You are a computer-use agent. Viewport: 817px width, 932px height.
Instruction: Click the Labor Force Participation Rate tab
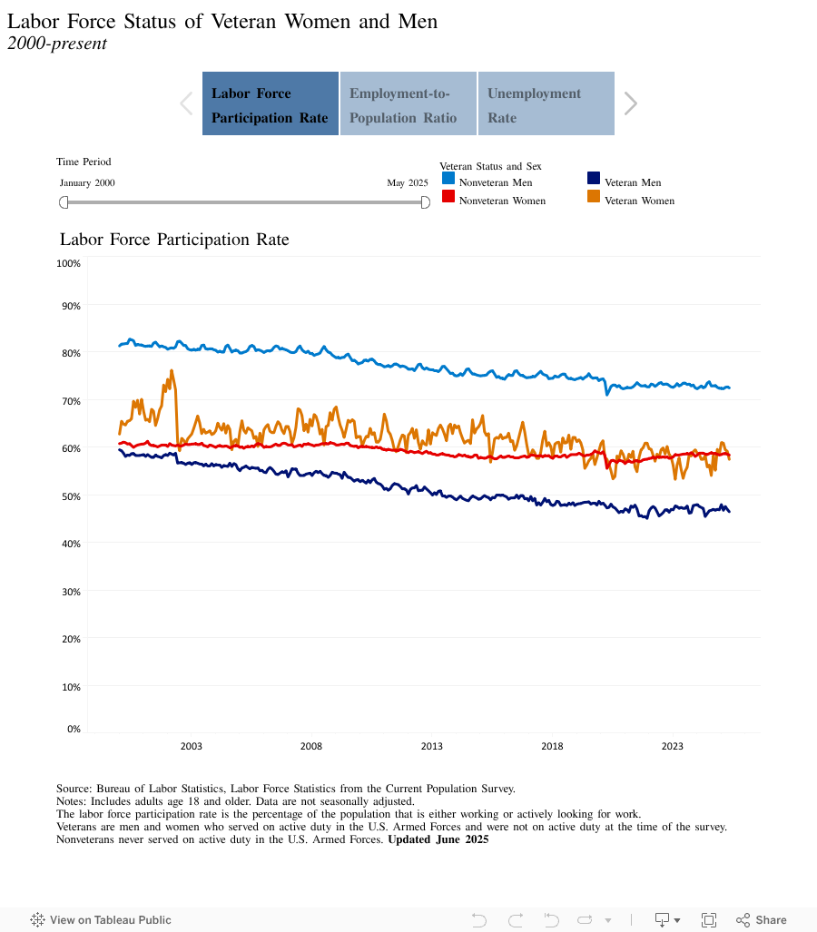[x=271, y=104]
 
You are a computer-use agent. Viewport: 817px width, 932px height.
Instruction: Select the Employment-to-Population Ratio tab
[x=408, y=104]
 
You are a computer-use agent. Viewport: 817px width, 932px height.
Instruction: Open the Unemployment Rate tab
[x=546, y=104]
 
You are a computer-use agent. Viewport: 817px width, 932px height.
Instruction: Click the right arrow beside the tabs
[x=631, y=103]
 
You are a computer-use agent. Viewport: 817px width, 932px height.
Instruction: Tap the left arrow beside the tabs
[x=186, y=103]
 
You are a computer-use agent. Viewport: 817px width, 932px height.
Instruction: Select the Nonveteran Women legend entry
[x=501, y=201]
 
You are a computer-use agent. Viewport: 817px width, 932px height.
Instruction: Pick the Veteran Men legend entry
[x=632, y=182]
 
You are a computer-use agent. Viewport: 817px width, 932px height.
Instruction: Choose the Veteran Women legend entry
[x=638, y=201]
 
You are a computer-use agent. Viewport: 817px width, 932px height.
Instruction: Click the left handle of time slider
[x=64, y=202]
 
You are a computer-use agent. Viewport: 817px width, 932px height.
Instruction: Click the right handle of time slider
[x=425, y=202]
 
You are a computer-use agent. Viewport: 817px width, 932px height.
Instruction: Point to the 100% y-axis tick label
[x=69, y=263]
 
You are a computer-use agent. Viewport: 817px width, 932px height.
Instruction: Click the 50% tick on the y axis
[x=71, y=496]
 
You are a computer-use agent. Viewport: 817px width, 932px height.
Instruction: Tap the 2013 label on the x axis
[x=431, y=746]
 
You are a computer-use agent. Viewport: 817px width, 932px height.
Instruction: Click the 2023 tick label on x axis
[x=672, y=746]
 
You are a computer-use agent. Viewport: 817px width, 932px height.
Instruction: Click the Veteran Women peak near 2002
[x=172, y=371]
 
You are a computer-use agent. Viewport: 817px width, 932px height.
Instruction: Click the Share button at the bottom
[x=762, y=919]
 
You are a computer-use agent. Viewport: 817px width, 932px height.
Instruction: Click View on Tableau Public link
[x=101, y=919]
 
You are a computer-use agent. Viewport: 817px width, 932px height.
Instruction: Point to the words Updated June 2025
[x=438, y=839]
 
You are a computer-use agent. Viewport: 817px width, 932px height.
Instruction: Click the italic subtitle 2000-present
[x=57, y=44]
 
